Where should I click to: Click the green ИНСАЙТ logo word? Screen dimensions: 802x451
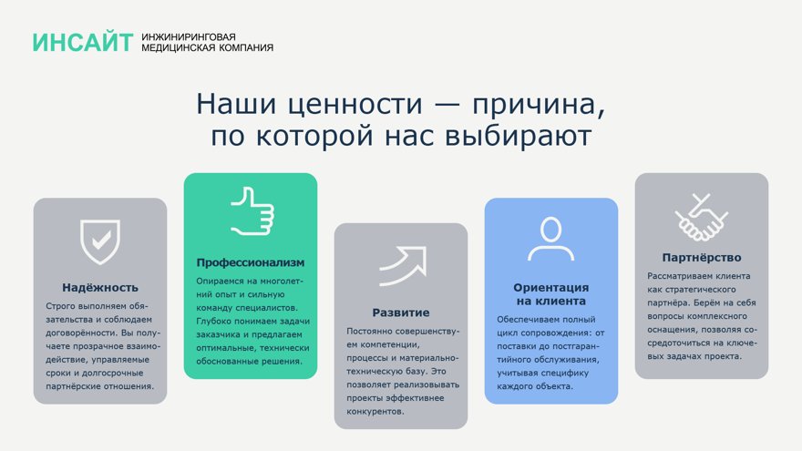(83, 42)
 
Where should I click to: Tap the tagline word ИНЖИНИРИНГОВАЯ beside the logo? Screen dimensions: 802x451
(189, 36)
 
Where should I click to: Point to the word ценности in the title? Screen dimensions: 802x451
(355, 104)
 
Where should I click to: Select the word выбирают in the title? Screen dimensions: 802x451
(519, 136)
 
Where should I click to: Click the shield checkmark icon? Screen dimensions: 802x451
(100, 241)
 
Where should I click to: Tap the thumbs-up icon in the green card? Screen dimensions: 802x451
(252, 211)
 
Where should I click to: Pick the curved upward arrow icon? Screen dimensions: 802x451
(403, 266)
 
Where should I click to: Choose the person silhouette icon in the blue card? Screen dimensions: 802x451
(550, 240)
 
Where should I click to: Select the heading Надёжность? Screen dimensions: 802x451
(100, 287)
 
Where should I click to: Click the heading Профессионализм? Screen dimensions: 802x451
(251, 262)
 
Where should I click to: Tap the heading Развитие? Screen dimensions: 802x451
(401, 313)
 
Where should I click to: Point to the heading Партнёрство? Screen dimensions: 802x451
(702, 258)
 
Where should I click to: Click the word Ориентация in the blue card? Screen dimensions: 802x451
(550, 288)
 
